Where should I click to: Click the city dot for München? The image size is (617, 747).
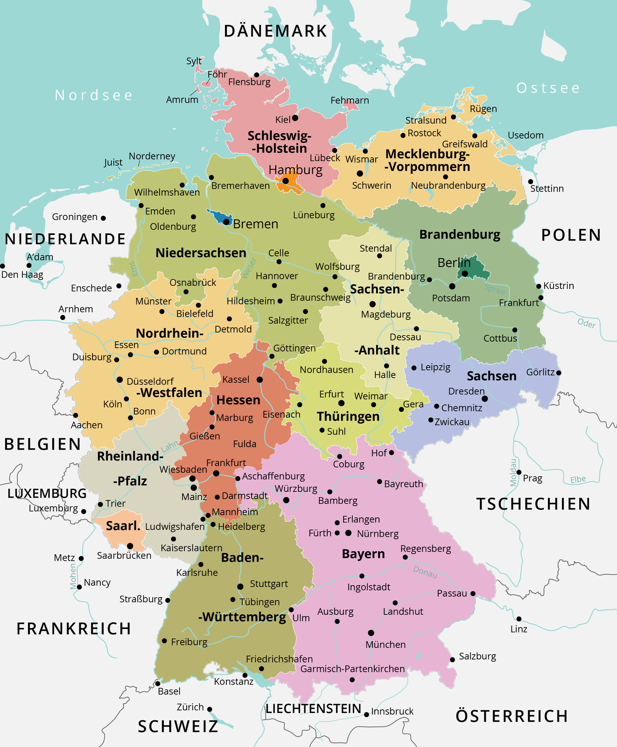pyautogui.click(x=371, y=633)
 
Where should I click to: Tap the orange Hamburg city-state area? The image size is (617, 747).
pyautogui.click(x=288, y=183)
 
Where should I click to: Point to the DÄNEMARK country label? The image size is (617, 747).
pyautogui.click(x=275, y=31)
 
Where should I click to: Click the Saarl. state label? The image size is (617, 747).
pyautogui.click(x=123, y=526)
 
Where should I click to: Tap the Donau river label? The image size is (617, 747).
pyautogui.click(x=425, y=572)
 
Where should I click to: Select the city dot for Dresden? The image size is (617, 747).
pyautogui.click(x=485, y=399)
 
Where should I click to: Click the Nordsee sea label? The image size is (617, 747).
pyautogui.click(x=94, y=95)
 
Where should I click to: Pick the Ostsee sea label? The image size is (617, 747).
pyautogui.click(x=548, y=88)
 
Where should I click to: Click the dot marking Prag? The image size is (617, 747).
pyautogui.click(x=519, y=472)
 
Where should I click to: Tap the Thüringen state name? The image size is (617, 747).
pyautogui.click(x=348, y=416)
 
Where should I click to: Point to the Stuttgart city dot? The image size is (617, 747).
pyautogui.click(x=240, y=586)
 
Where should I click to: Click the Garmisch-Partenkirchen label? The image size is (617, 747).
pyautogui.click(x=352, y=669)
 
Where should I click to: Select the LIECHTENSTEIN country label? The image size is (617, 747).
pyautogui.click(x=314, y=709)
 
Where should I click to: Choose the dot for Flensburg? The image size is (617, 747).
pyautogui.click(x=256, y=75)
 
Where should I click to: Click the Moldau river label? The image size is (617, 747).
pyautogui.click(x=513, y=472)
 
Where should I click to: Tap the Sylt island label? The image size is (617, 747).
pyautogui.click(x=194, y=61)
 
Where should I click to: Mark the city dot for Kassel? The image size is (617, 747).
pyautogui.click(x=260, y=380)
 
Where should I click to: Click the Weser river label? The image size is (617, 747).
pyautogui.click(x=248, y=268)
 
